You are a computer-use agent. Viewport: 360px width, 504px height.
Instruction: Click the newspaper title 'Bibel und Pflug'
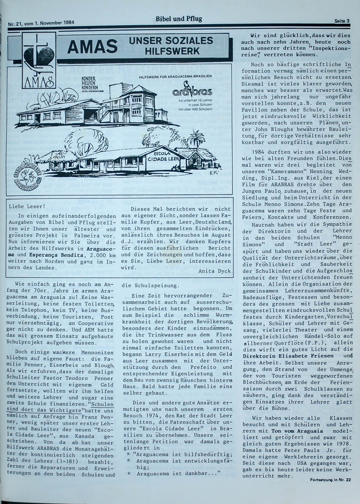pyautogui.click(x=179, y=19)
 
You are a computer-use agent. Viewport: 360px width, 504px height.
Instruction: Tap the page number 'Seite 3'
pyautogui.click(x=342, y=21)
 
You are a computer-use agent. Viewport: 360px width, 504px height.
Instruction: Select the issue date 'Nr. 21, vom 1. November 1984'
pyautogui.click(x=41, y=23)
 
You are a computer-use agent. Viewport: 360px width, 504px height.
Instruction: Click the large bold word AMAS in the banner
pyautogui.click(x=93, y=46)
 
